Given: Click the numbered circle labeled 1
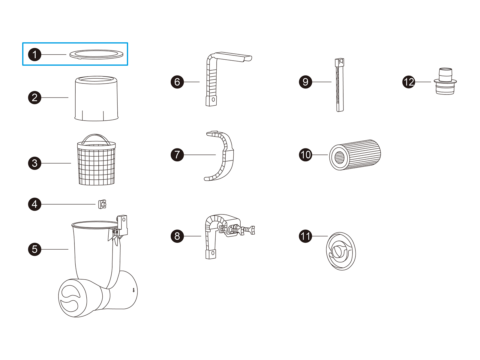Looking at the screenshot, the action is [x=34, y=54].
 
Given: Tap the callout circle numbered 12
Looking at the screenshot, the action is [x=409, y=82].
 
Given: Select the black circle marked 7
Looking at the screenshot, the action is [x=177, y=155].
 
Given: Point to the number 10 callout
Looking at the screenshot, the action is [x=305, y=155].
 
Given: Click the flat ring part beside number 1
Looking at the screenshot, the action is [x=96, y=57].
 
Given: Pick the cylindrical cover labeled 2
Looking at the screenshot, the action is [x=96, y=98].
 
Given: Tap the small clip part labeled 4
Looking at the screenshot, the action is [x=102, y=204].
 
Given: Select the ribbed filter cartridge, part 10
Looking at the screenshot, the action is [x=355, y=155].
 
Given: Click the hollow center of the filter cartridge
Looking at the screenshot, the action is [x=339, y=157].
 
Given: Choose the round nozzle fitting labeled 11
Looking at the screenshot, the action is [x=341, y=251].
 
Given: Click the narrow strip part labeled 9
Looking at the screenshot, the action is [x=340, y=85].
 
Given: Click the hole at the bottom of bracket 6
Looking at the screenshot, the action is [x=213, y=100].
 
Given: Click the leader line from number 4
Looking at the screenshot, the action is [x=68, y=204].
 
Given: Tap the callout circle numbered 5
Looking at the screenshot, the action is [x=34, y=249].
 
